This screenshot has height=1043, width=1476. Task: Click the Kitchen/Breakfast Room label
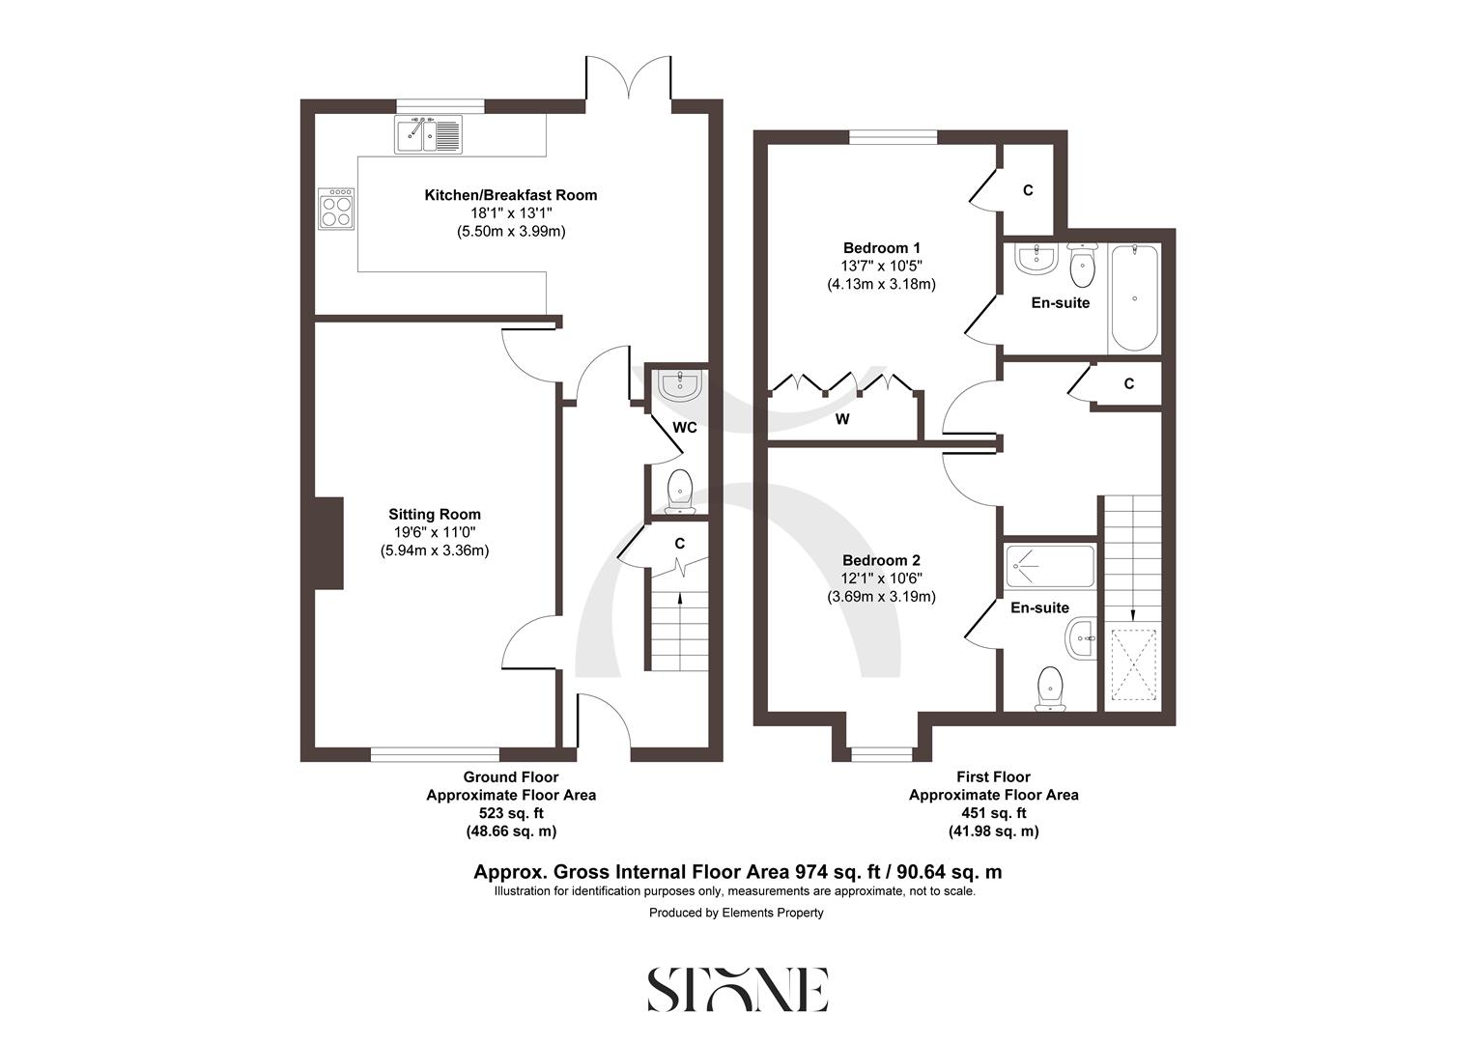click(x=511, y=195)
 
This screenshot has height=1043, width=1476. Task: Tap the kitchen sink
click(x=429, y=134)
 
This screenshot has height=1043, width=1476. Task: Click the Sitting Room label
click(x=435, y=515)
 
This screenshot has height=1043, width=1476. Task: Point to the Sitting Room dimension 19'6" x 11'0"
click(x=435, y=533)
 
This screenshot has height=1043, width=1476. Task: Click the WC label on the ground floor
click(x=685, y=428)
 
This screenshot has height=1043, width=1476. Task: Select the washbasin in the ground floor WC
click(x=679, y=385)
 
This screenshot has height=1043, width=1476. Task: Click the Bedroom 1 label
click(x=881, y=247)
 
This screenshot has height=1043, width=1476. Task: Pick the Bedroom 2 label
click(x=881, y=561)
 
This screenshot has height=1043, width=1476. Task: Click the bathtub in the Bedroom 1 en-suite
click(x=1134, y=297)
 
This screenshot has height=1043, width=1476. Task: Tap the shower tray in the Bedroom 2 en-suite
click(x=1050, y=567)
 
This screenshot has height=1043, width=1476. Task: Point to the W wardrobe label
click(x=842, y=419)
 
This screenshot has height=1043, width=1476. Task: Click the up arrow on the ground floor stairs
click(x=682, y=599)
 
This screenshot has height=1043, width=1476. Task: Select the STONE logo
click(x=738, y=989)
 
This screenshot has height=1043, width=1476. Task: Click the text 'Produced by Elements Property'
click(x=736, y=913)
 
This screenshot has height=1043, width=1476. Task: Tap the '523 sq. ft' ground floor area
click(x=511, y=813)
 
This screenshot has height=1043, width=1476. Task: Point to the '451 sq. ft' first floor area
click(x=993, y=813)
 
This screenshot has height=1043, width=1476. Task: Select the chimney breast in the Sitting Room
click(x=329, y=542)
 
